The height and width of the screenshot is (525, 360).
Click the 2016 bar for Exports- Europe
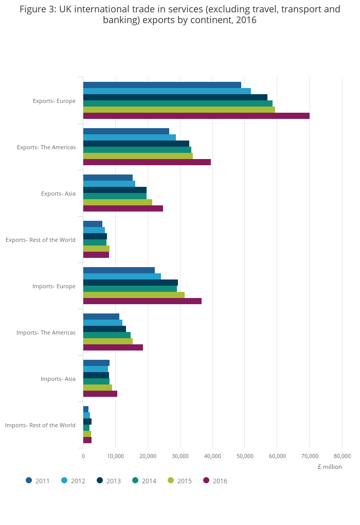click(x=196, y=116)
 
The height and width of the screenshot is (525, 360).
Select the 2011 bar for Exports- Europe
click(x=162, y=85)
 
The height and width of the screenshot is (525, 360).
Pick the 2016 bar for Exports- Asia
click(x=123, y=208)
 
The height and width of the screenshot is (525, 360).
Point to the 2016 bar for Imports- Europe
click(x=142, y=301)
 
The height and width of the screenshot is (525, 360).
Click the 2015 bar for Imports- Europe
click(x=134, y=295)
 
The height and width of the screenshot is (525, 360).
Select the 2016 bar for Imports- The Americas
click(x=113, y=347)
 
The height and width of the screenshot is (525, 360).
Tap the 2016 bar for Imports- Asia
click(x=100, y=394)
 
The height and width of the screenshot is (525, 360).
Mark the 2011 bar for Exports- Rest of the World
click(x=93, y=224)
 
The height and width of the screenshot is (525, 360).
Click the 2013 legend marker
click(x=100, y=480)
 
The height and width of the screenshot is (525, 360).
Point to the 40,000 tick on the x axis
click(x=212, y=456)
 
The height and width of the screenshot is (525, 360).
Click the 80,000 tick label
click(x=342, y=456)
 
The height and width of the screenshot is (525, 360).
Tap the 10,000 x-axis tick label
click(x=115, y=456)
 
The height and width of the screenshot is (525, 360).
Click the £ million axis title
click(x=329, y=467)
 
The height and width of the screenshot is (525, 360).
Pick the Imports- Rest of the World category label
click(x=40, y=425)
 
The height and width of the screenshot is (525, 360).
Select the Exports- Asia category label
click(x=58, y=194)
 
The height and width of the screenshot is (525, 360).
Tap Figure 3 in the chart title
click(x=38, y=9)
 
